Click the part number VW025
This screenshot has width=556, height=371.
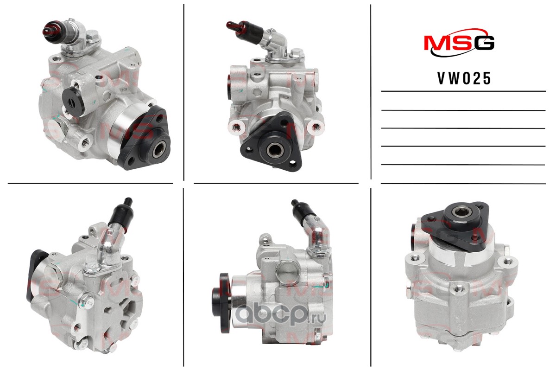pyautogui.click(x=464, y=78)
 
